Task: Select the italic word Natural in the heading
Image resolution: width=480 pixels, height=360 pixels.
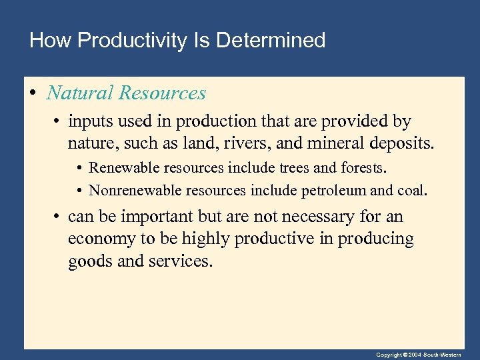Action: point(81,93)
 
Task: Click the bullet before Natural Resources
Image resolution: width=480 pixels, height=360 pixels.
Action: point(33,93)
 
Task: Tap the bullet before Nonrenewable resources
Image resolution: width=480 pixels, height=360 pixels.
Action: point(79,191)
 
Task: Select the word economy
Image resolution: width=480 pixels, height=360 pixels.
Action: point(97,239)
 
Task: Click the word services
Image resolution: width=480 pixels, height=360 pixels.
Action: point(179,261)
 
